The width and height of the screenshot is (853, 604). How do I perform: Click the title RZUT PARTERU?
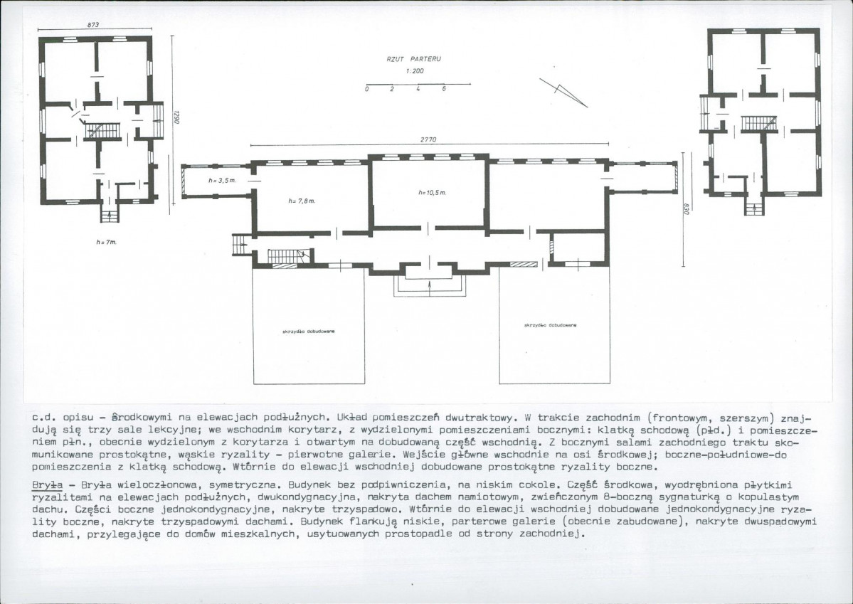tap(413, 59)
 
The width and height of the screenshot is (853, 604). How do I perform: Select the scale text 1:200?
tap(415, 70)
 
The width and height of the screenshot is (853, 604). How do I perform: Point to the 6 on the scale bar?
tap(444, 89)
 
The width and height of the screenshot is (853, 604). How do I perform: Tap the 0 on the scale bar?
tap(367, 89)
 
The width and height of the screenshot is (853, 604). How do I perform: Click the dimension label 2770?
tap(428, 140)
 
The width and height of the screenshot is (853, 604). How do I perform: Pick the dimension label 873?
tap(92, 25)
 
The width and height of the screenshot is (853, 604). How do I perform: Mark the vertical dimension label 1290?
tap(176, 117)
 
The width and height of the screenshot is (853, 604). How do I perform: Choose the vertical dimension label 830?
tap(687, 209)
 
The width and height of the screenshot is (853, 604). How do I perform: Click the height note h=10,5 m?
tap(433, 193)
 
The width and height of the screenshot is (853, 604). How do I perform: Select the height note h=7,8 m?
tap(302, 201)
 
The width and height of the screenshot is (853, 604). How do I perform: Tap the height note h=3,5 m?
tap(222, 180)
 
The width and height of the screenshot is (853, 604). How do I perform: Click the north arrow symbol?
tap(563, 92)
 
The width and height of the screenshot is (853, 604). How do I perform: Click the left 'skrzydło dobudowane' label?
tap(309, 331)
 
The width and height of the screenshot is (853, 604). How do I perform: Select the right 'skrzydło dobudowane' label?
tap(550, 325)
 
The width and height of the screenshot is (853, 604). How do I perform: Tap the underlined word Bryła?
tap(48, 484)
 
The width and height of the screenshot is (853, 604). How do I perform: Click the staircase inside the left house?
tap(102, 131)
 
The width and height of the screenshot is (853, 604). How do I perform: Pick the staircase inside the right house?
tap(759, 124)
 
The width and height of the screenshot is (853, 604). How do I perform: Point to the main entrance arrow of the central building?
tap(430, 287)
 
